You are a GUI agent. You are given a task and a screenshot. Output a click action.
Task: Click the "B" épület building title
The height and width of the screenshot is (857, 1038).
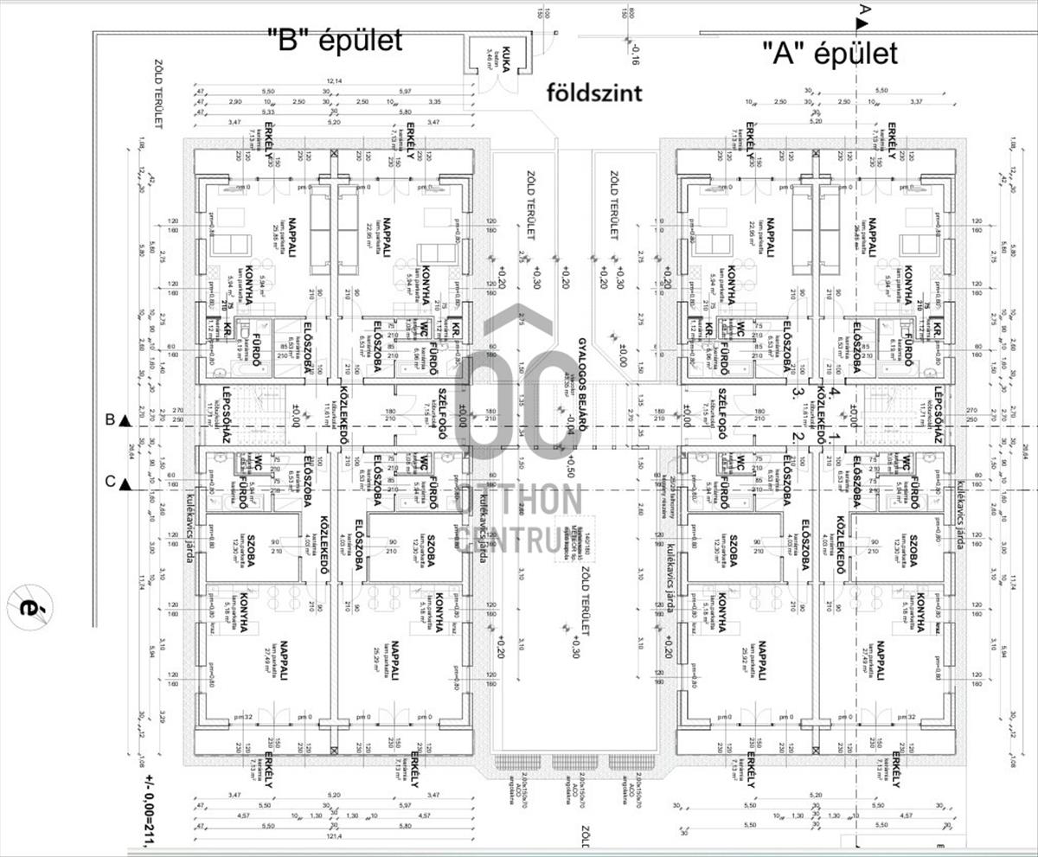point(335,39)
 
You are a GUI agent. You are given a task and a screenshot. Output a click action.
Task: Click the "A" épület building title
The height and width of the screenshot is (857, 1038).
point(830,53)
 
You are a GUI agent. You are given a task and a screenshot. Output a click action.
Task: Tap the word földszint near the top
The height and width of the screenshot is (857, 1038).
point(594,92)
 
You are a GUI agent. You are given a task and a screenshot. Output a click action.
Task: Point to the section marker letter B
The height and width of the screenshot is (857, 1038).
point(111,420)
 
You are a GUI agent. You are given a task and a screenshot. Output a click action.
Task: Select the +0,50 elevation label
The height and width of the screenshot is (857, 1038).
point(571,467)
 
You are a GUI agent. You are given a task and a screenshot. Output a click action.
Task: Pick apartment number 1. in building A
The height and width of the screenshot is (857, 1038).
point(834,438)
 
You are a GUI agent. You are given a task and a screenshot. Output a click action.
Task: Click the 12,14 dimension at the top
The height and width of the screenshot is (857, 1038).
point(334,81)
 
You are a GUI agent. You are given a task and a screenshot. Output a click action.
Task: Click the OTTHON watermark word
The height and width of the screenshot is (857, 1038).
point(520,501)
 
